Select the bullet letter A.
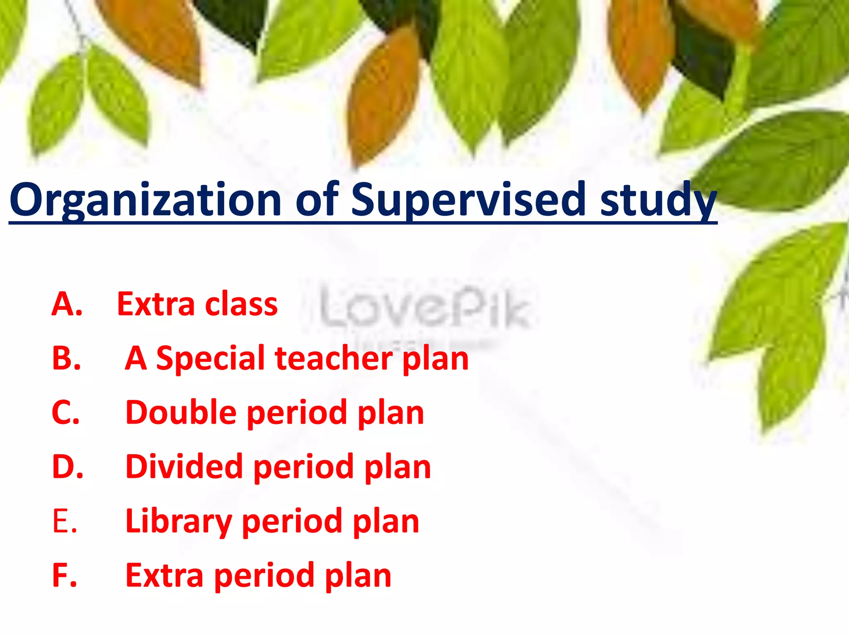[67, 304]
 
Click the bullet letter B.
[66, 359]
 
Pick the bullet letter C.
[65, 413]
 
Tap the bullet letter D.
[68, 467]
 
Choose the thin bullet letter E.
[65, 521]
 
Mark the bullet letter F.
[65, 576]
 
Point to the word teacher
[334, 359]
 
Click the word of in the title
[317, 201]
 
